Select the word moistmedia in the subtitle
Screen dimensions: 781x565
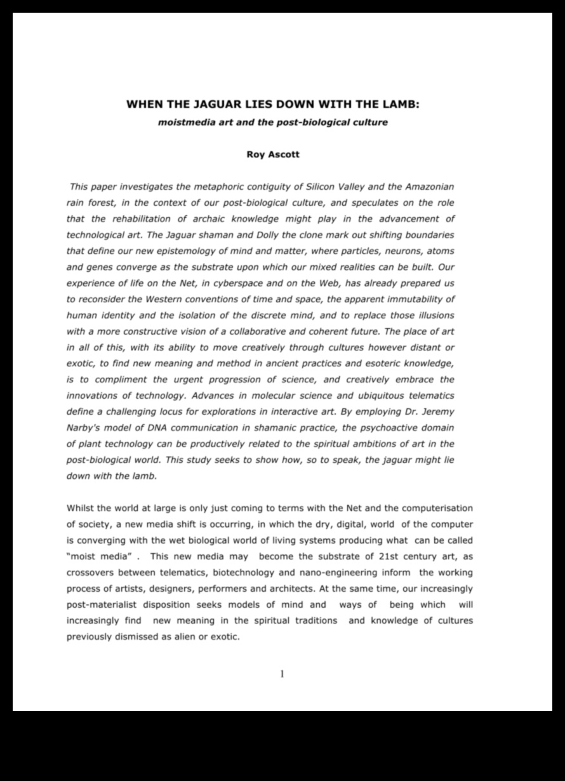[x=183, y=122]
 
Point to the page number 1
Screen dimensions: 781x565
[x=282, y=674]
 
